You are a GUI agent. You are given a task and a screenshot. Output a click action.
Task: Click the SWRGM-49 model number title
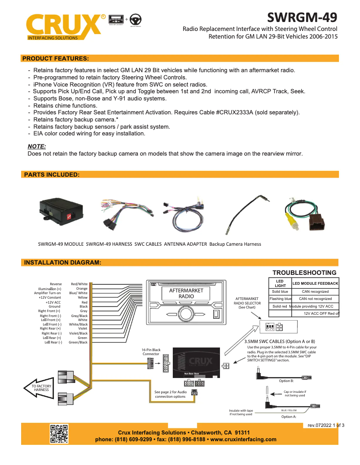coord(302,17)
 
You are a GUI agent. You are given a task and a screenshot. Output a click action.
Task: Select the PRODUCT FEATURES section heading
coord(55,58)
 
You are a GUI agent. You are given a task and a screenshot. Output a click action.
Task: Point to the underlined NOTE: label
coord(37,146)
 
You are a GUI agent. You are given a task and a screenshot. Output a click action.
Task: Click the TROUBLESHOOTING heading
coord(304,273)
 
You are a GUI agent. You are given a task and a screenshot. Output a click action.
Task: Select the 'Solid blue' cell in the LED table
coord(280,291)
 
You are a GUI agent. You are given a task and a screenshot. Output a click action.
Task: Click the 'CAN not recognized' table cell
coord(315,299)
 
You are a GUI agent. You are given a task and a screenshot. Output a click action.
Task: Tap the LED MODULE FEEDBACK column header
coord(315,284)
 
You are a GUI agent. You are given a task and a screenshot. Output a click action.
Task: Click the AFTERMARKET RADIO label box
coord(186,293)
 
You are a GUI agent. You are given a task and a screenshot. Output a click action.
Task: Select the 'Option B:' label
coord(286,381)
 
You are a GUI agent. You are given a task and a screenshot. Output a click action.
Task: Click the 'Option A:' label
coord(289,417)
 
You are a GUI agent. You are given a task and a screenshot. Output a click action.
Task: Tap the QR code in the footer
coord(58,434)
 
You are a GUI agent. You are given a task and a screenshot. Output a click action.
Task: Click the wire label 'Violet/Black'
coord(78,333)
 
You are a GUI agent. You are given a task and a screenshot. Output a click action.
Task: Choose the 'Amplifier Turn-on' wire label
coord(48,293)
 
